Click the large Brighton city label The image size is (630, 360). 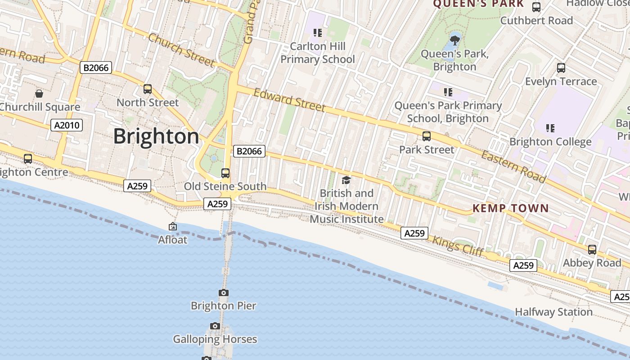pos(156,136)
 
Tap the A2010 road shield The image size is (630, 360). pos(67,125)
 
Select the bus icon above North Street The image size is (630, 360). pos(148,89)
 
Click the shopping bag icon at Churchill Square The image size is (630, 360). pos(39,94)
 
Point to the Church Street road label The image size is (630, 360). pos(181,49)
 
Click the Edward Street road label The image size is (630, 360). pos(289,100)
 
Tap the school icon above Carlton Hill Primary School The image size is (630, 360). pos(318,33)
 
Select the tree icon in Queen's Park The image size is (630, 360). pos(455,40)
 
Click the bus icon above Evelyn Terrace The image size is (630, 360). pos(561,68)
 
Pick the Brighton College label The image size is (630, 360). pos(550,142)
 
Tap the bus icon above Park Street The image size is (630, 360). pos(427,136)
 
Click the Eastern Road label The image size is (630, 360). pos(514,167)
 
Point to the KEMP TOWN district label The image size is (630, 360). pos(511,208)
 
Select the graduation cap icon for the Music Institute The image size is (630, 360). pos(346,180)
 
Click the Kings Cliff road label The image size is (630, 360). pos(458,246)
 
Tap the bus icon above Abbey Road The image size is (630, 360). pos(592,249)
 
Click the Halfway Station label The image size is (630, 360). pos(553,312)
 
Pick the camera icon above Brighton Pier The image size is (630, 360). pos(224,293)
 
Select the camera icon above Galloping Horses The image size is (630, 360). pos(215,326)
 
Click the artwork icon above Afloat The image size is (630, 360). pos(173,227)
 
